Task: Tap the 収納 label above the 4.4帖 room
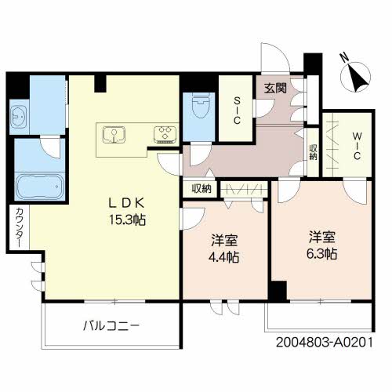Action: (x=201, y=188)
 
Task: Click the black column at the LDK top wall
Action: (x=101, y=83)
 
